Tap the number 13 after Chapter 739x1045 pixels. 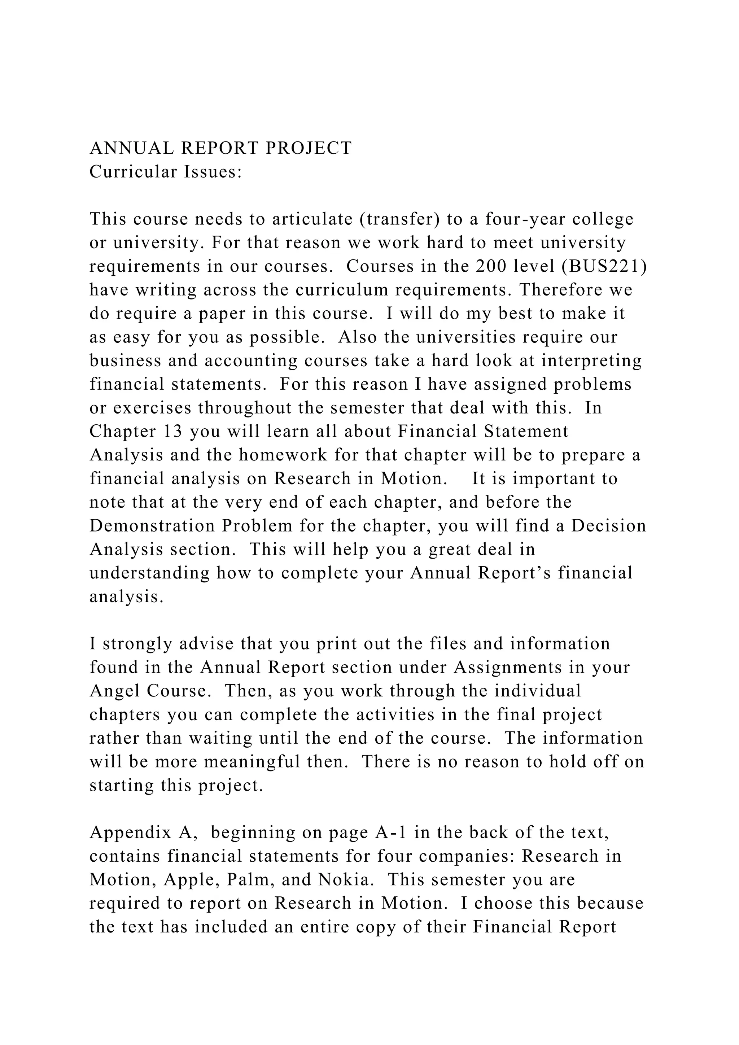pos(172,432)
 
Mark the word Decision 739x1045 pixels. pos(608,526)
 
